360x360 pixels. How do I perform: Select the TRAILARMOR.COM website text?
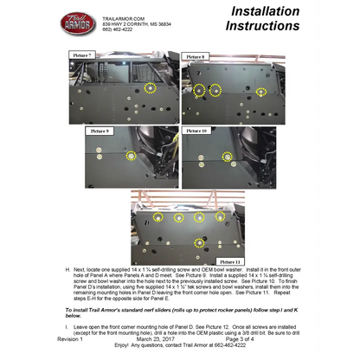[x=122, y=16]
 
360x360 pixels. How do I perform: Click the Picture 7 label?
[x=82, y=55]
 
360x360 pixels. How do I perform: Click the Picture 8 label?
[x=197, y=57]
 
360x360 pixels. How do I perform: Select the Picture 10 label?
[x=197, y=130]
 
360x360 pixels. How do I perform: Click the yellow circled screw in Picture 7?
[x=151, y=87]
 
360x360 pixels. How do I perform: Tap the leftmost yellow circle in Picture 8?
[x=198, y=90]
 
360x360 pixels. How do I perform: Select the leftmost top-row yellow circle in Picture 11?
[x=157, y=217]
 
